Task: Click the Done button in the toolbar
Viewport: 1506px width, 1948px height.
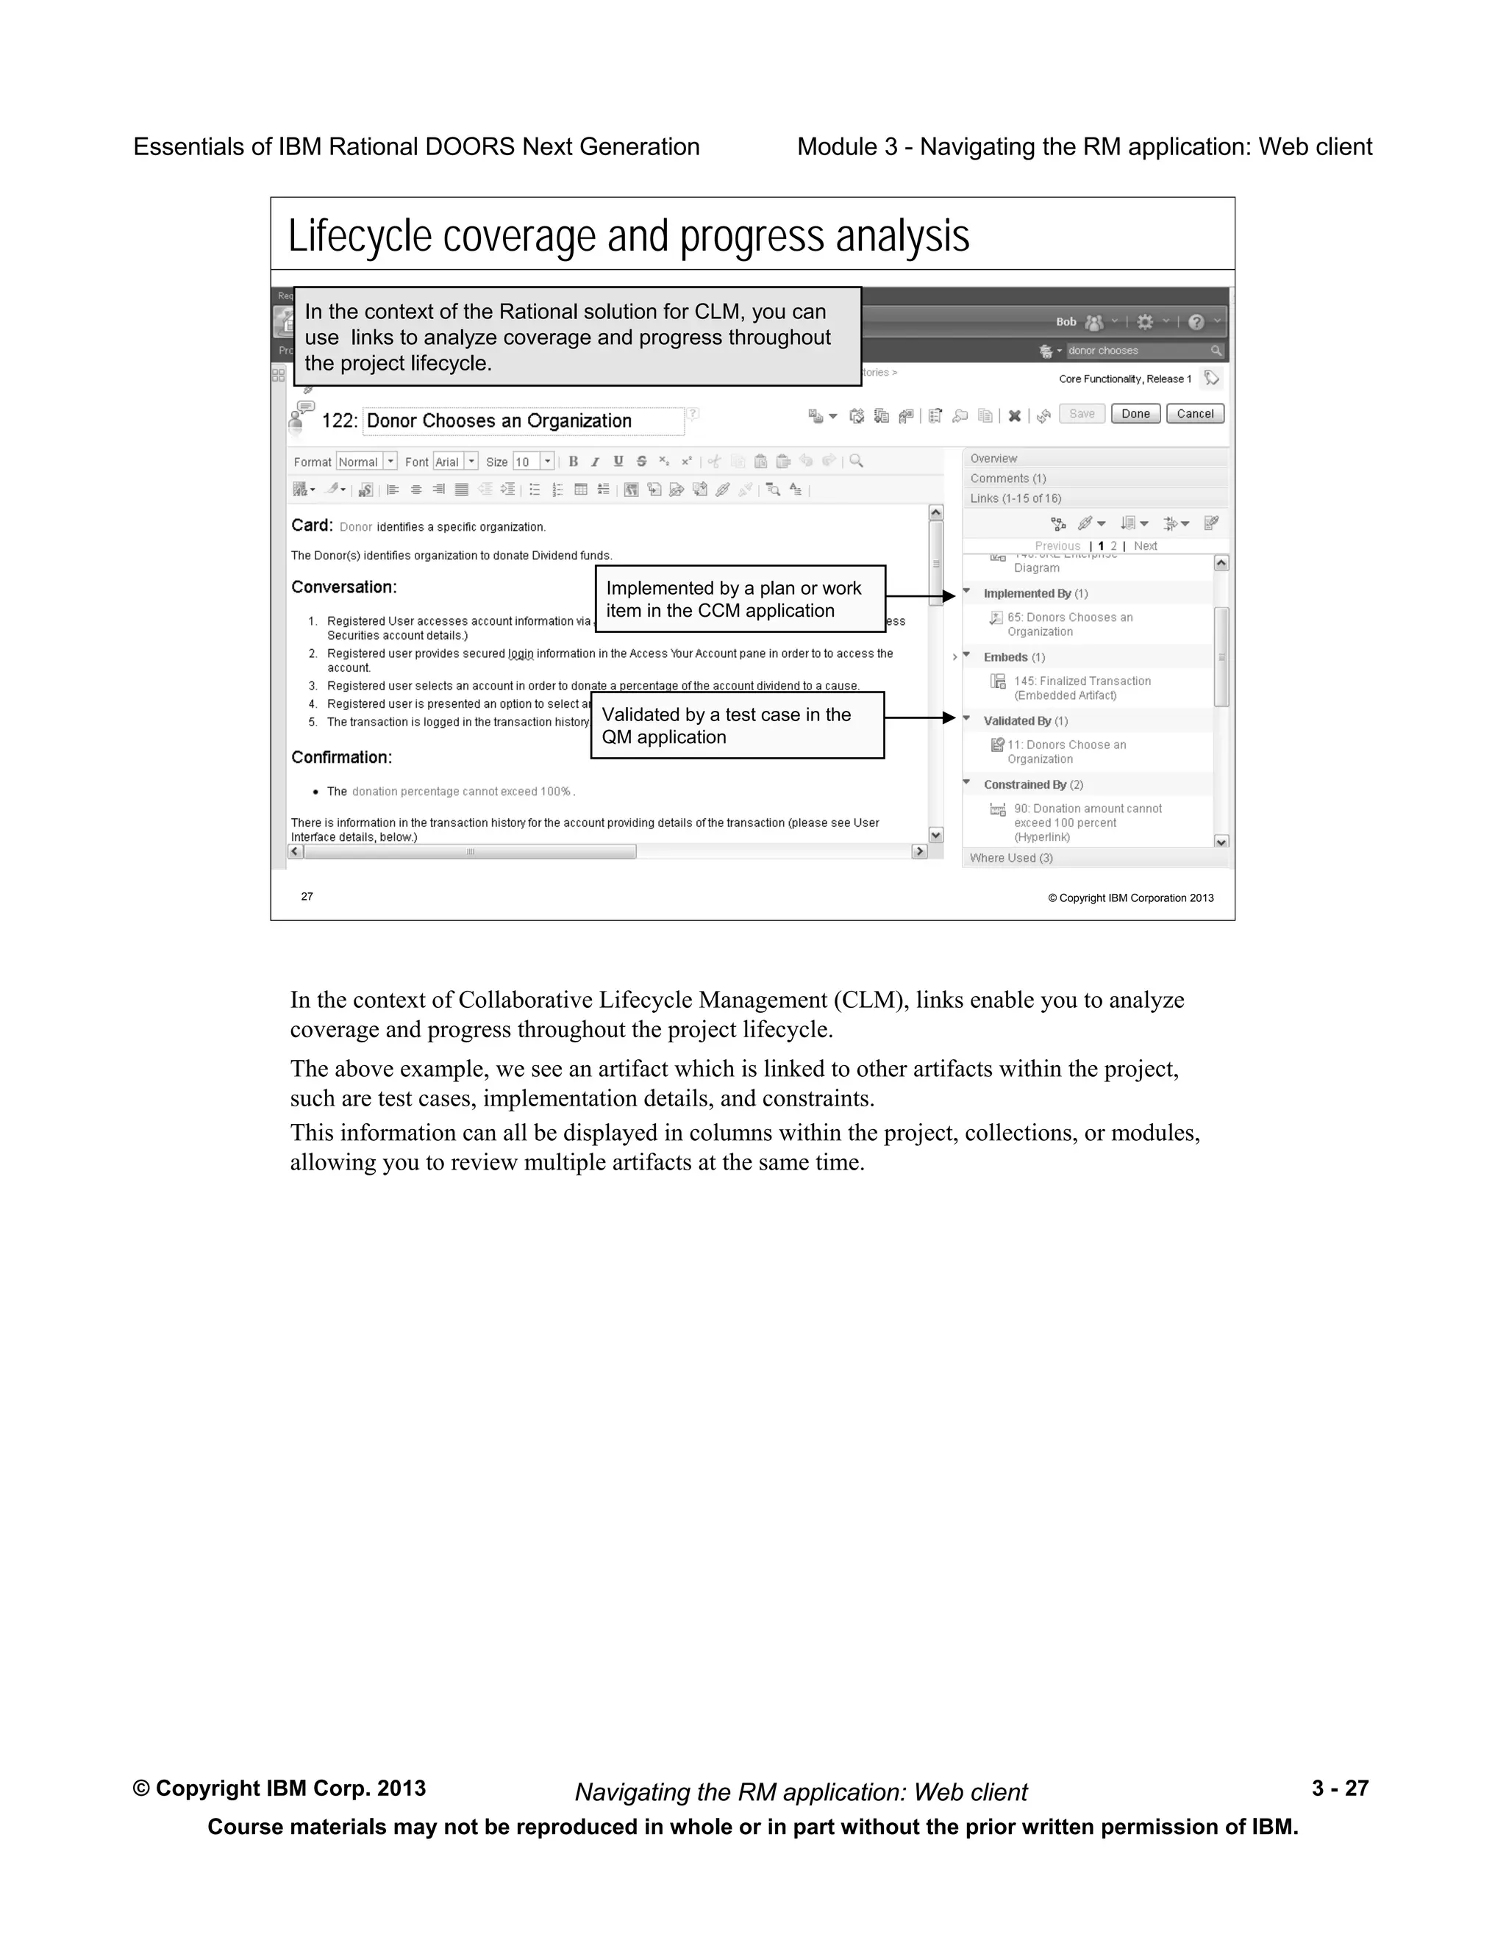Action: click(x=1135, y=414)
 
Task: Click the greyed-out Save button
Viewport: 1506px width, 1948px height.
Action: click(x=1081, y=414)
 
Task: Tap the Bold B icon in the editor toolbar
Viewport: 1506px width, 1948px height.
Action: click(x=573, y=461)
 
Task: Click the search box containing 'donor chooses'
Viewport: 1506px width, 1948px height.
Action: click(x=1138, y=351)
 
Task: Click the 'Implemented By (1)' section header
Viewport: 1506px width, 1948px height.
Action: click(x=1035, y=593)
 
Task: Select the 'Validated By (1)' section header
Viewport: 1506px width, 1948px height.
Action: click(x=1025, y=720)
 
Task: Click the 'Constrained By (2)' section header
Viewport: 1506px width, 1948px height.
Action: click(x=1033, y=785)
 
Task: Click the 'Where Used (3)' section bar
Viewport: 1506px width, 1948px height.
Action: click(x=1011, y=858)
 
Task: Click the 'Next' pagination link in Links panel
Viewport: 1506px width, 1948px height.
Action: click(x=1146, y=546)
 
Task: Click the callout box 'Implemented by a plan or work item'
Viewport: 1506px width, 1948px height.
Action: click(x=740, y=598)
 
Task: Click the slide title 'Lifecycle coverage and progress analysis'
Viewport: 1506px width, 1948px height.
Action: click(x=628, y=237)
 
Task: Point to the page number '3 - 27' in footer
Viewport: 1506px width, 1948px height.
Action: click(x=1339, y=1788)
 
